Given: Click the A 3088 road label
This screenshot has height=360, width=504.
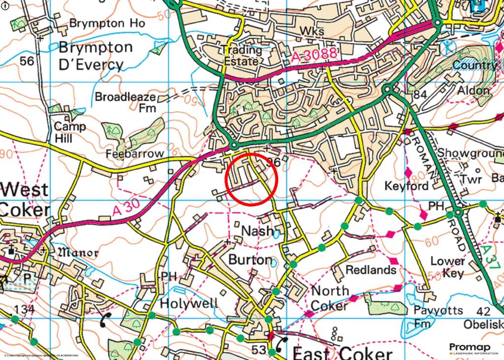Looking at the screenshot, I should pyautogui.click(x=314, y=55).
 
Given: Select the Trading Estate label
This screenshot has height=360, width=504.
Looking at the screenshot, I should pyautogui.click(x=241, y=56).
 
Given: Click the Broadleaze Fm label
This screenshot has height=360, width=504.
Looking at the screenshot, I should pyautogui.click(x=126, y=102).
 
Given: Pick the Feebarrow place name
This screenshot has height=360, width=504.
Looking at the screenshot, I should pyautogui.click(x=134, y=154).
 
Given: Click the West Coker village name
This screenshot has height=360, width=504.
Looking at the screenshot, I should pyautogui.click(x=25, y=199).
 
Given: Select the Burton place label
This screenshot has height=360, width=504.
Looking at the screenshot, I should pyautogui.click(x=250, y=259).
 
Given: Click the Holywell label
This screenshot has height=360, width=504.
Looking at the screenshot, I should pyautogui.click(x=189, y=302).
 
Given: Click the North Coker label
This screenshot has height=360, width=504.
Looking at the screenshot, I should pyautogui.click(x=330, y=298).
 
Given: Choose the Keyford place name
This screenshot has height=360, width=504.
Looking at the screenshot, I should pyautogui.click(x=406, y=186).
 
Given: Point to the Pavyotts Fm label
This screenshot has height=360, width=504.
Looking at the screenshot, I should pyautogui.click(x=438, y=317).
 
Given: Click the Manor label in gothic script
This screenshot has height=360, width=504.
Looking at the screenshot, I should pyautogui.click(x=79, y=253).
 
